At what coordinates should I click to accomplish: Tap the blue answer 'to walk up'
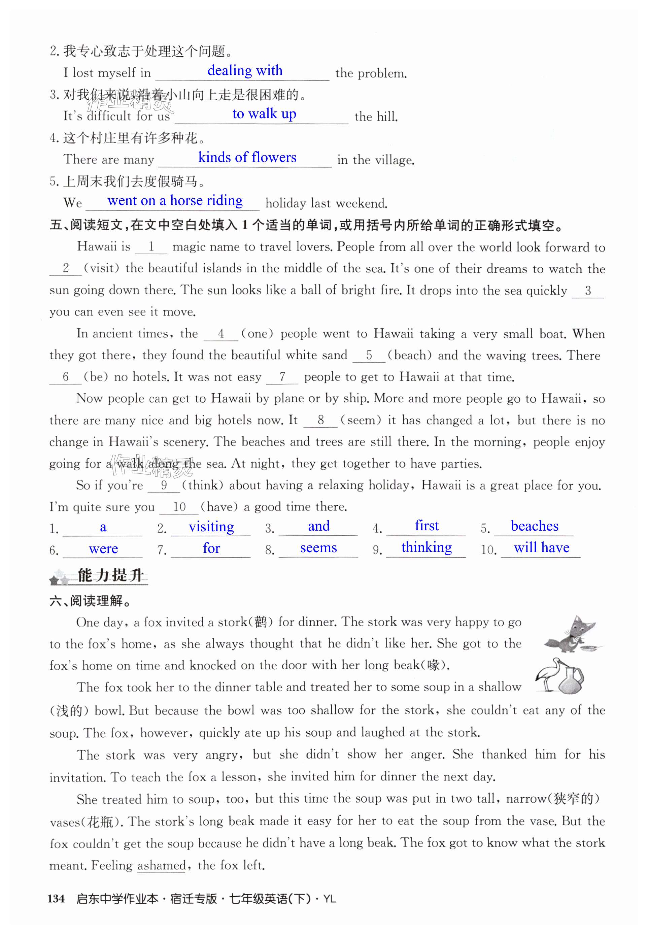264,114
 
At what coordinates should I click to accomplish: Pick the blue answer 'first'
427,526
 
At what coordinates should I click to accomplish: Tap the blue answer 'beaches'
534,526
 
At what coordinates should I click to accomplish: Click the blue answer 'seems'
318,548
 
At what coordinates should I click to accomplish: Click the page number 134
56,899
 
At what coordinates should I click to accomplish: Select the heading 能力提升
110,575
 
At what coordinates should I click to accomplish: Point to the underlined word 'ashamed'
162,865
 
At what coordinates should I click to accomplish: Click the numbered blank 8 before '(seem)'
320,420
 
